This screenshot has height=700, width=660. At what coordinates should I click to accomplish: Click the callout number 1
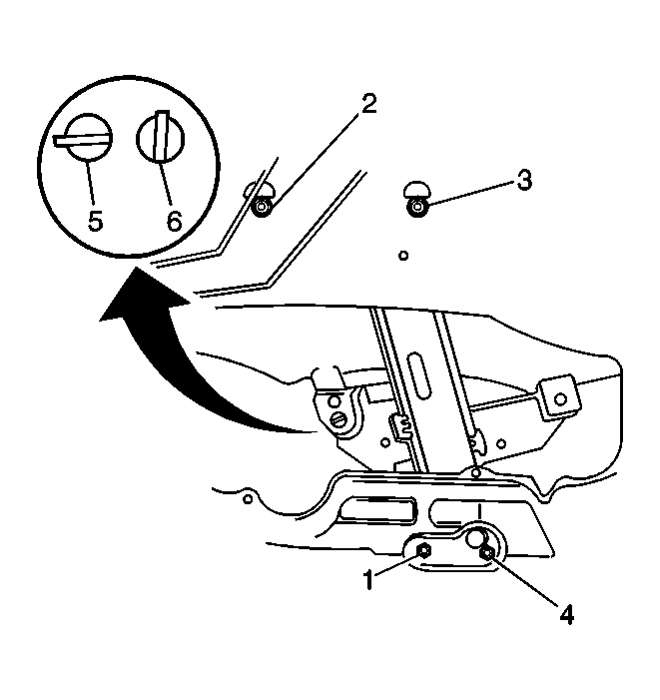368,580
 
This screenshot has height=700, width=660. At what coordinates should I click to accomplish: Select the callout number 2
368,104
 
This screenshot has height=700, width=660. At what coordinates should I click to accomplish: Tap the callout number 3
524,181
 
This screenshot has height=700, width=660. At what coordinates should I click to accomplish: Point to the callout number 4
566,614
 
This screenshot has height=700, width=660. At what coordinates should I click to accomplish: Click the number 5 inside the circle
95,221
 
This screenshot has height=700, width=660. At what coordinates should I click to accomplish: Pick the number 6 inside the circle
174,221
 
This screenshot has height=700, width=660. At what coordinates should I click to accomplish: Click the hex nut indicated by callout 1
423,551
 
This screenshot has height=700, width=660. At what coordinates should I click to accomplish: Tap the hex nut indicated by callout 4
486,553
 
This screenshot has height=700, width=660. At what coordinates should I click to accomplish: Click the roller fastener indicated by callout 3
417,207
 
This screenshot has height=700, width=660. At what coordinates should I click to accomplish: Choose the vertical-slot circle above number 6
160,136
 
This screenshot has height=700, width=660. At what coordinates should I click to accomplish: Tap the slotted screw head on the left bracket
339,419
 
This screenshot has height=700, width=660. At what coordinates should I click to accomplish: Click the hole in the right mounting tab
560,398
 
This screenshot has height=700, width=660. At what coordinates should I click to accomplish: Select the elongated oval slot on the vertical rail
419,375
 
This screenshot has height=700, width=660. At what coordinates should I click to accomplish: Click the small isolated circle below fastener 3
403,256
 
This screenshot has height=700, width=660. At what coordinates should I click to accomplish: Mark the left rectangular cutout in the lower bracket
377,510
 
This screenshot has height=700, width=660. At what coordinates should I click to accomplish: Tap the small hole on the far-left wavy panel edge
248,498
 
